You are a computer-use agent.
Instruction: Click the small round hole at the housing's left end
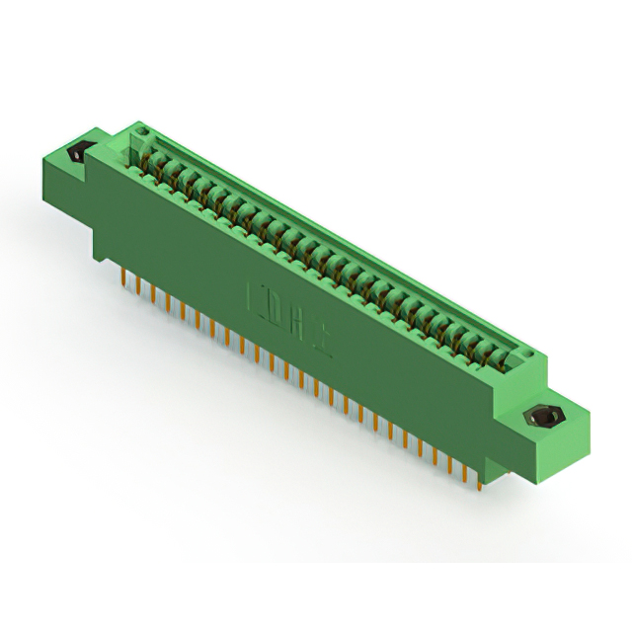point(140,130)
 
